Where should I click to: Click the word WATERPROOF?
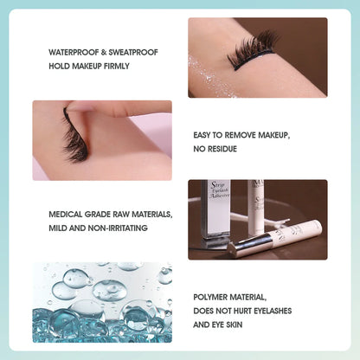click(x=71, y=52)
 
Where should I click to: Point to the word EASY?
click(x=204, y=136)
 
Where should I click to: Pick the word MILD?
click(x=58, y=228)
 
